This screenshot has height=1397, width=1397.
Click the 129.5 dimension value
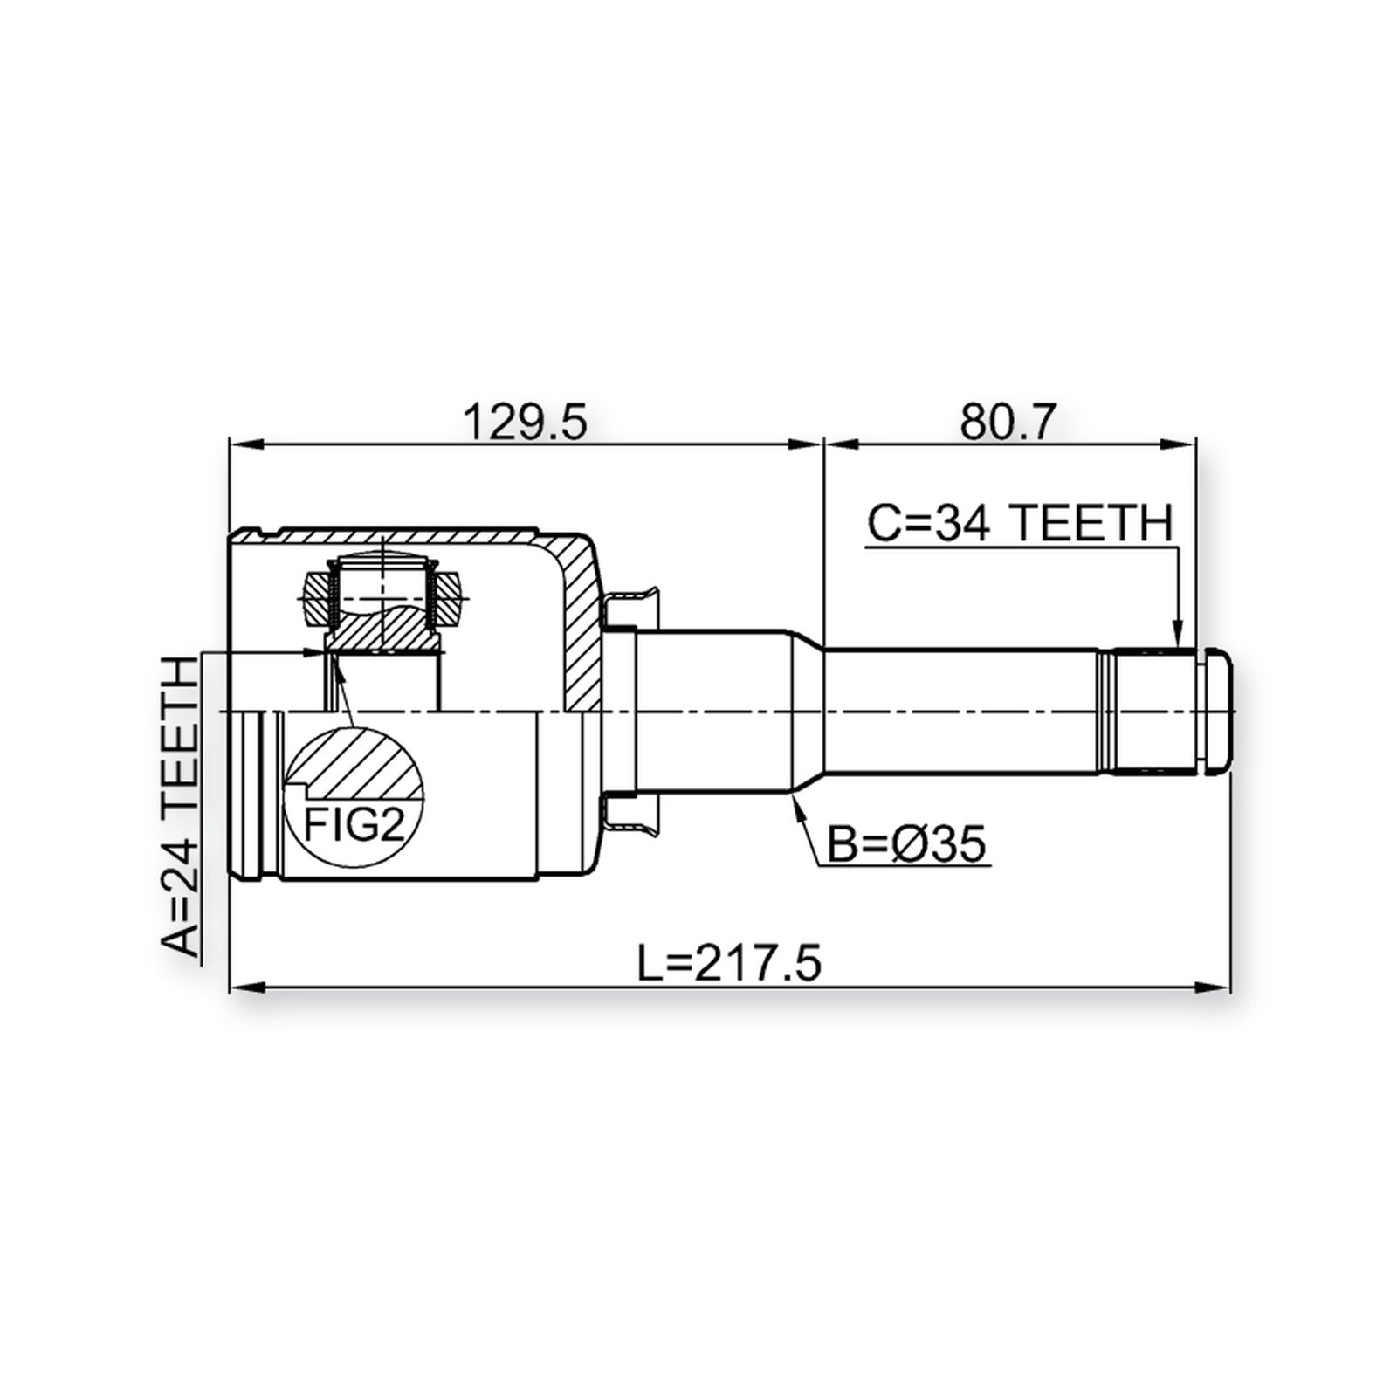tap(526, 422)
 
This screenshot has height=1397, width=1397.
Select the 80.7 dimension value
tap(1008, 422)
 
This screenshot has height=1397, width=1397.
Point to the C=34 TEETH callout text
tap(1019, 525)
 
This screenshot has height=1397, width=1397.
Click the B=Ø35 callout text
tap(905, 844)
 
